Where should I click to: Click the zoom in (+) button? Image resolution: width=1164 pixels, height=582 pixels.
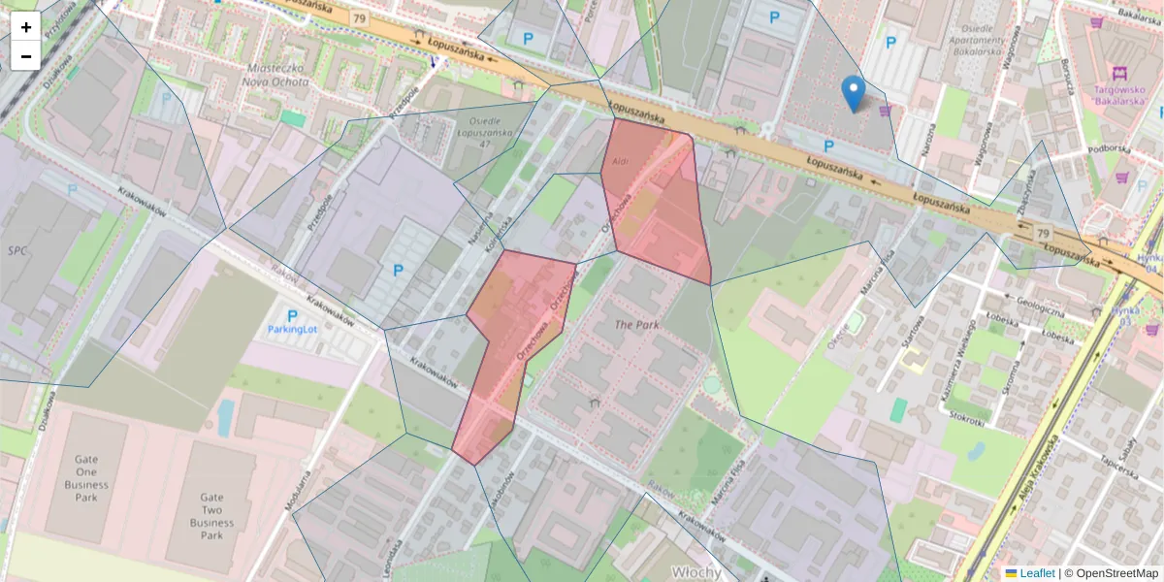(x=25, y=27)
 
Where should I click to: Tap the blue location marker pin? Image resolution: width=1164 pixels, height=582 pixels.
(x=854, y=94)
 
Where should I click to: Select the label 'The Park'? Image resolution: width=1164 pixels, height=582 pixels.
(x=637, y=324)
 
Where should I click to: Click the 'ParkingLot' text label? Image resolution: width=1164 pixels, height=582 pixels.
(x=293, y=329)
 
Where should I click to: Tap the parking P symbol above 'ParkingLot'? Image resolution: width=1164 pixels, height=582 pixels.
(x=293, y=314)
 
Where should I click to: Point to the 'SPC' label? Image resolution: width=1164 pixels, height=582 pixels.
(x=17, y=250)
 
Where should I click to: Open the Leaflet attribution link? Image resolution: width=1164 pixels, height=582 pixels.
(x=1037, y=573)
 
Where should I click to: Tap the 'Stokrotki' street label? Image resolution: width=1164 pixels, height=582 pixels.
(x=968, y=419)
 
